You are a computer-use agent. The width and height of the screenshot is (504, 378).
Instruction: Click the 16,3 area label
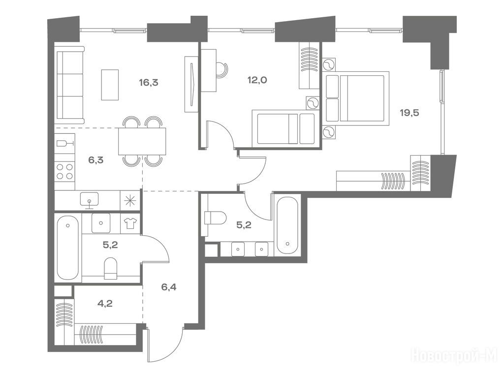pyautogui.click(x=149, y=83)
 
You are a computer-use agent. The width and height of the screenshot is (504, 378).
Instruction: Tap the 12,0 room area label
pyautogui.click(x=257, y=80)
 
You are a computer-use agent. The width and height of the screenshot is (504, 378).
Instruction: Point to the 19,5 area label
pyautogui.click(x=409, y=113)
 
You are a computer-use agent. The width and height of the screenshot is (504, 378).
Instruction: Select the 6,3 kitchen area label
pyautogui.click(x=96, y=160)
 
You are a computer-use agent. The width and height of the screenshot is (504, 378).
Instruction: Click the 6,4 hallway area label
pyautogui.click(x=169, y=287)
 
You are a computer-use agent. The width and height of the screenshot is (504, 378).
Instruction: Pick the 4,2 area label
pyautogui.click(x=105, y=303)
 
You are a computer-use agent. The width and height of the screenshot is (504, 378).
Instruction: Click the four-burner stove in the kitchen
pyautogui.click(x=64, y=171)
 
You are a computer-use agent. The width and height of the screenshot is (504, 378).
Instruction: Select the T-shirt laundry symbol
pyautogui.click(x=130, y=223)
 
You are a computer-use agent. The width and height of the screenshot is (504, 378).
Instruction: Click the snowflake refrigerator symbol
pyautogui.click(x=130, y=201)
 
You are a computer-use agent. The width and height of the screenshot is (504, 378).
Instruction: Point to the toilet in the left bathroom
pyautogui.click(x=111, y=268)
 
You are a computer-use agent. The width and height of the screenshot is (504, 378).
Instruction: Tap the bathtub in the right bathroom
pyautogui.click(x=287, y=225)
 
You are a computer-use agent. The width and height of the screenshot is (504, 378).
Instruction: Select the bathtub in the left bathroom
pyautogui.click(x=68, y=248)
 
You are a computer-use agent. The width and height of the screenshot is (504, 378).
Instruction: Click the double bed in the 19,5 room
pyautogui.click(x=357, y=98)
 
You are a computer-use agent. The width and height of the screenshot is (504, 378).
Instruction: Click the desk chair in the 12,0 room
pyautogui.click(x=221, y=69)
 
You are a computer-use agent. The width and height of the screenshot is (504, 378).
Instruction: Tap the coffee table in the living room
pyautogui.click(x=110, y=85)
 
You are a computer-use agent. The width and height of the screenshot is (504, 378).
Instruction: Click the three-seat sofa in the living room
pyautogui.click(x=69, y=85)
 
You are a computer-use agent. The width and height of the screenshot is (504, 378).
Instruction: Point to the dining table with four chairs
pyautogui.click(x=142, y=141)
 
